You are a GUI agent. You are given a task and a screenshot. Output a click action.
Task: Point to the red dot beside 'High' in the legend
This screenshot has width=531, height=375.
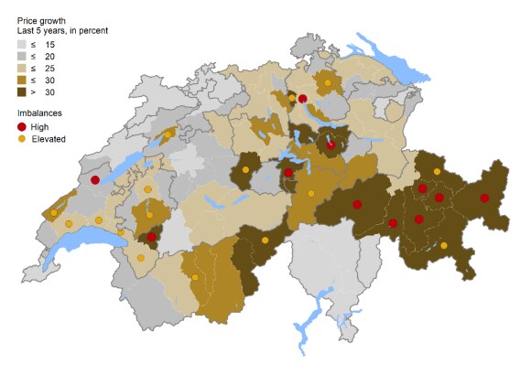tap(22, 126)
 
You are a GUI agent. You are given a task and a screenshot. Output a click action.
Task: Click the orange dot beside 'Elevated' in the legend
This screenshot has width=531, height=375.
tap(22, 138)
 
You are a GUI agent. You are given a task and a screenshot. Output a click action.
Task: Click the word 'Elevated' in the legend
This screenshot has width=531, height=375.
tap(49, 138)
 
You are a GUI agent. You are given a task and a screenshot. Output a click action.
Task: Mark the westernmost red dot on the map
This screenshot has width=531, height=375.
tap(94, 181)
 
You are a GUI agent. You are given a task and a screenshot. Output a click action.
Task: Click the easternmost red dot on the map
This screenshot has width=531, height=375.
tap(484, 198)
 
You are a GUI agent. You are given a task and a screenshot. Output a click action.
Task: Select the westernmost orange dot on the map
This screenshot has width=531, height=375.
tap(54, 213)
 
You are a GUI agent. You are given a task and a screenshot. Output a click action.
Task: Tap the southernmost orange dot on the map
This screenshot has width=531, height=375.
tap(195, 277)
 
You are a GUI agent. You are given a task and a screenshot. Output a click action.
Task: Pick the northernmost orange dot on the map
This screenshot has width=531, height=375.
tap(327, 83)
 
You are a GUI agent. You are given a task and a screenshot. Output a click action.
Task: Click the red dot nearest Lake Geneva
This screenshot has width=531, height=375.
tap(151, 238)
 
